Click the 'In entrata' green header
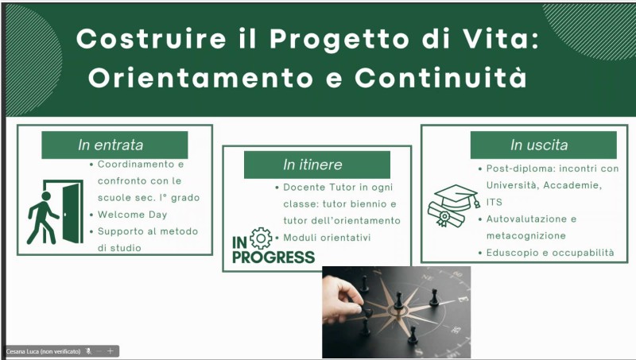click(114, 145)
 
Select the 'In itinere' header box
click(316, 165)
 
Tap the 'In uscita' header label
click(543, 145)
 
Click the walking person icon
click(43, 218)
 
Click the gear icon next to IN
click(261, 238)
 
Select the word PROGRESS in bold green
click(273, 257)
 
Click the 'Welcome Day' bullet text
click(132, 215)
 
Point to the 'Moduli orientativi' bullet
click(327, 238)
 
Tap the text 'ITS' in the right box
click(494, 202)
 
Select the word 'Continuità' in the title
click(441, 77)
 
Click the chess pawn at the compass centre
click(398, 301)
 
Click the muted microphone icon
click(88, 351)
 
